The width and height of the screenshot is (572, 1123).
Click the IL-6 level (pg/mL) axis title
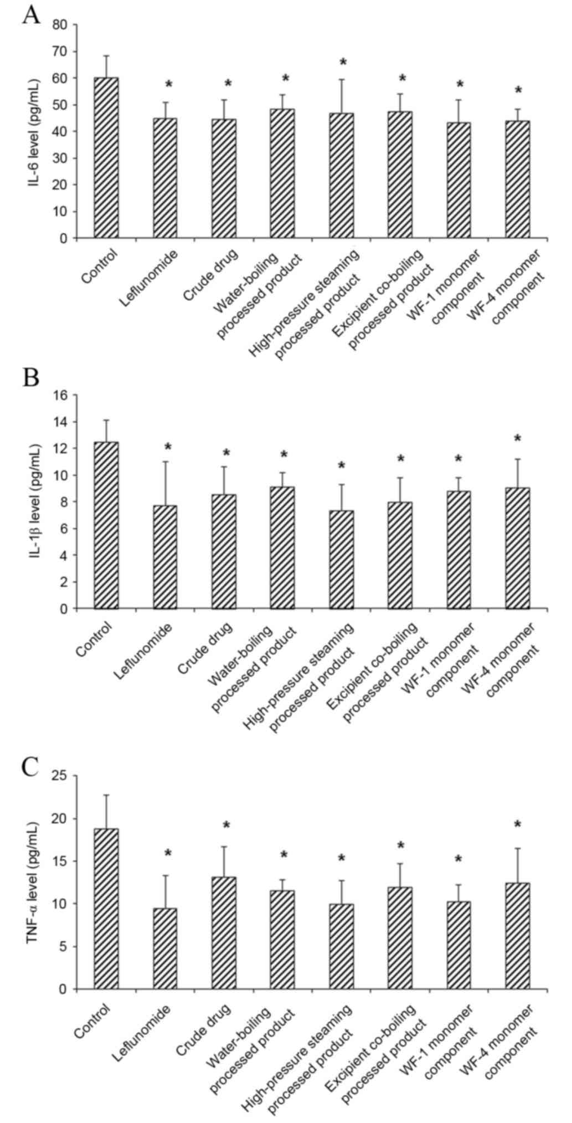[34, 131]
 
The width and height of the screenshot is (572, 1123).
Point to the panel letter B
[31, 378]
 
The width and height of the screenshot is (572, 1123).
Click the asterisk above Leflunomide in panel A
[169, 85]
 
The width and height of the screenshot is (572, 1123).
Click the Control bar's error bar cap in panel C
[106, 795]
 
